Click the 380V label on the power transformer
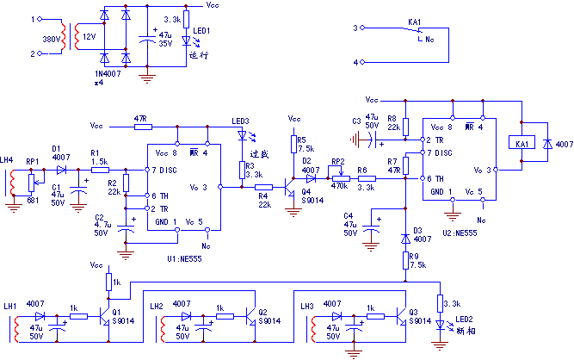52,39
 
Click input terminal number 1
35,18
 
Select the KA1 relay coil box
521,143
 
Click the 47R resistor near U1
142,127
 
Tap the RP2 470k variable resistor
339,178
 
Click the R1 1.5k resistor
100,171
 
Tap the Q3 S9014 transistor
403,316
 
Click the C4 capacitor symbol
372,228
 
